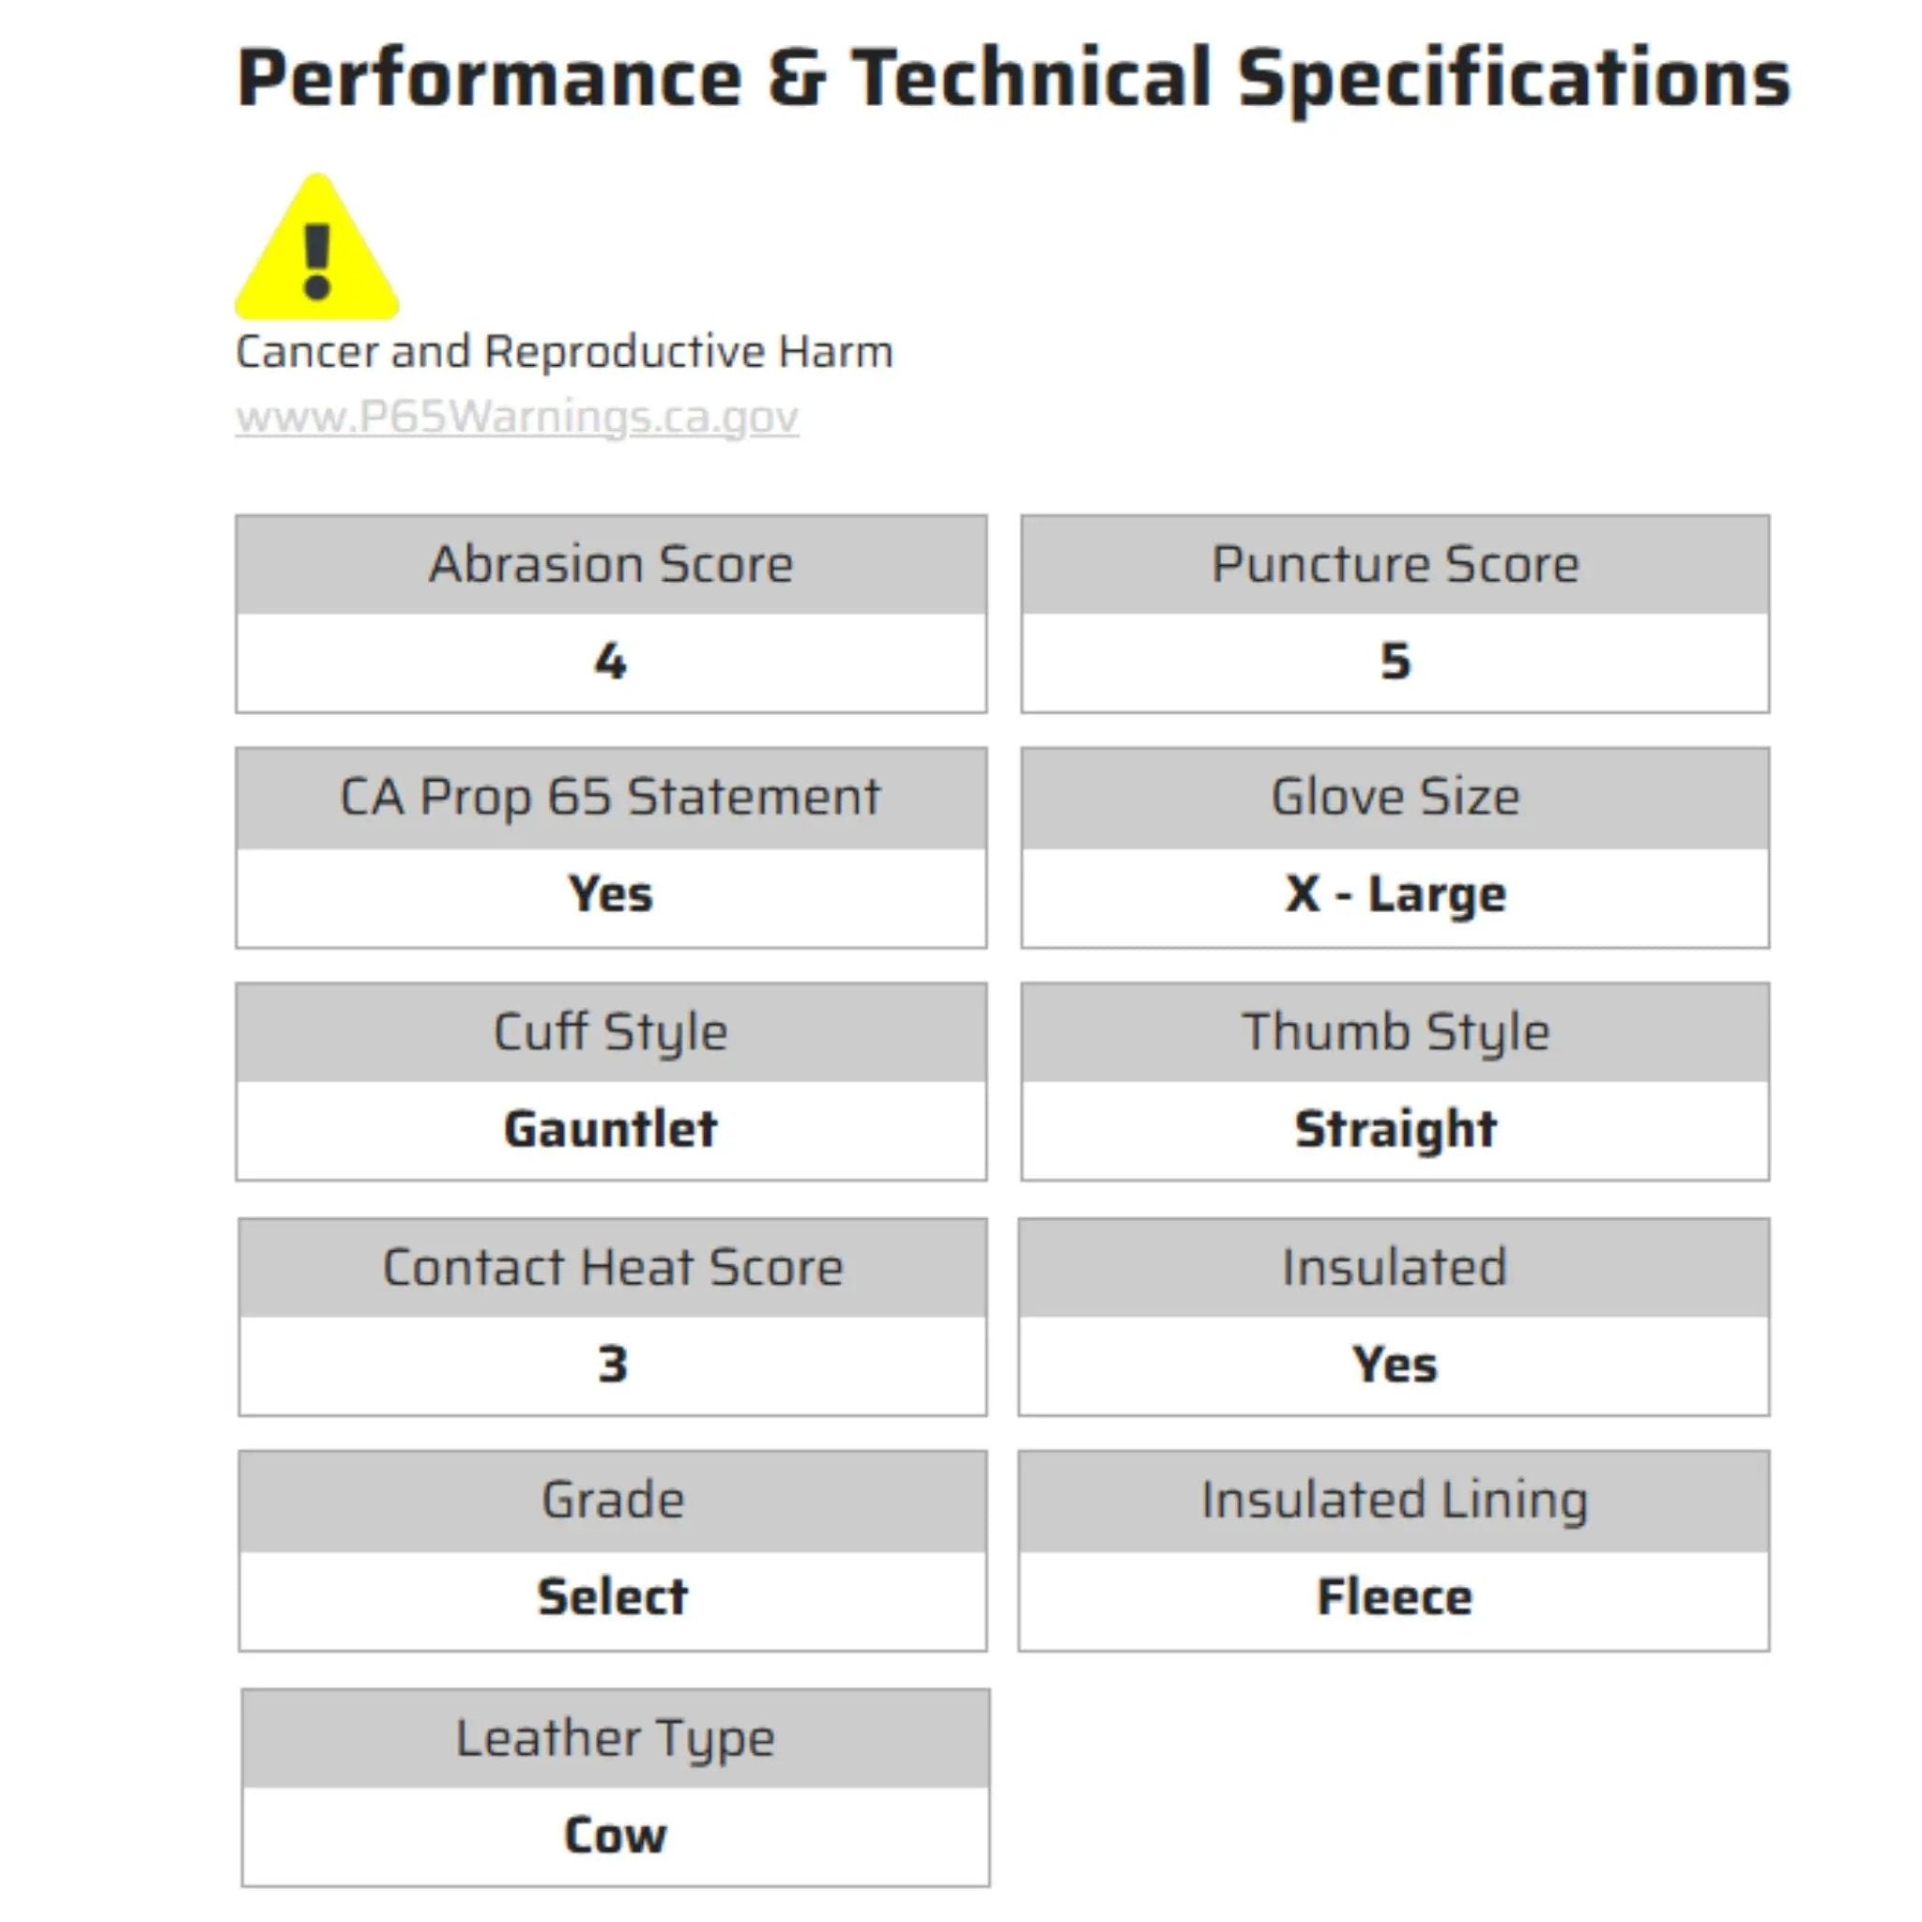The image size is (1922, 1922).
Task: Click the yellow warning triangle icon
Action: [x=317, y=249]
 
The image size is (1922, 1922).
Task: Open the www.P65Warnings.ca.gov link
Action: [x=517, y=417]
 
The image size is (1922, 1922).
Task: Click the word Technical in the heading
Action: [x=1031, y=78]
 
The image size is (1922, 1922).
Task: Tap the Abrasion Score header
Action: [x=611, y=564]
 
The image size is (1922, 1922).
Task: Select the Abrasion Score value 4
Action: [x=611, y=662]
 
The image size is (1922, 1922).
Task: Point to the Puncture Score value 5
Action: [x=1395, y=662]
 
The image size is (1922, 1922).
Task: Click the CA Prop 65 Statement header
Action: [x=611, y=798]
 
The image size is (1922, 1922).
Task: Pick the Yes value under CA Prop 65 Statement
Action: [x=611, y=893]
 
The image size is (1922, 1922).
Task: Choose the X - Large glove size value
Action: [x=1395, y=894]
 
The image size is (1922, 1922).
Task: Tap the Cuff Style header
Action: [x=611, y=1032]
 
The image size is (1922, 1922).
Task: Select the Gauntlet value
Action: [x=611, y=1129]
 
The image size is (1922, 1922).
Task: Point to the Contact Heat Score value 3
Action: [x=613, y=1364]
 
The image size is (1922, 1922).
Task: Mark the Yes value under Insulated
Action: [x=1394, y=1364]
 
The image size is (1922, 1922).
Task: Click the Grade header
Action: [x=613, y=1499]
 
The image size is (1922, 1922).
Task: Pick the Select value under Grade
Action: [x=613, y=1596]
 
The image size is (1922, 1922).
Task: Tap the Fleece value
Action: [x=1394, y=1596]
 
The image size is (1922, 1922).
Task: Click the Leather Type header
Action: [x=615, y=1739]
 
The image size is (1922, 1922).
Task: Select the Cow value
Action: [x=615, y=1836]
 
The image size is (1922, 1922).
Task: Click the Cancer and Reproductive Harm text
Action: [x=564, y=352]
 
